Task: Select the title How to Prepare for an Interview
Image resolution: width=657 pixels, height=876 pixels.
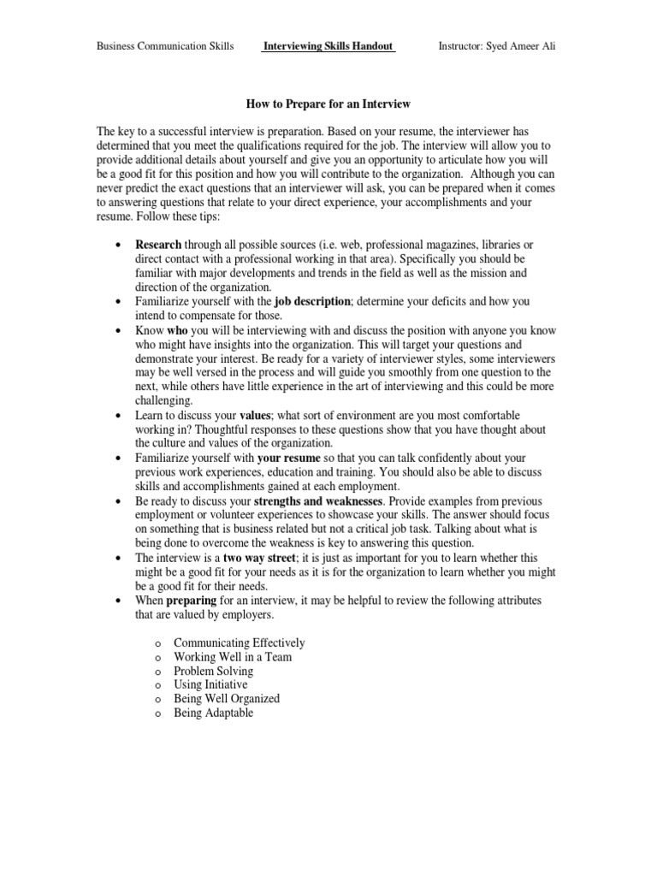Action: (328, 104)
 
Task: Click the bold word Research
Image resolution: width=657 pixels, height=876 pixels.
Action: (158, 245)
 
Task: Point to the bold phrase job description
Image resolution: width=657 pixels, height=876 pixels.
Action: (312, 302)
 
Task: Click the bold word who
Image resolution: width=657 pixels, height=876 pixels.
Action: (176, 329)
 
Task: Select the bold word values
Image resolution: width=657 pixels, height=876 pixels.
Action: (255, 415)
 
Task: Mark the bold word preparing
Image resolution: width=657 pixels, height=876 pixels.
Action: (196, 601)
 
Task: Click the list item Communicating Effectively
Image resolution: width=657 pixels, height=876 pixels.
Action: (239, 642)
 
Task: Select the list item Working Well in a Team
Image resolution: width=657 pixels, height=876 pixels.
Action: (233, 657)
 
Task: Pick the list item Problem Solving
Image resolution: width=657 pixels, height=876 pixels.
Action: (213, 672)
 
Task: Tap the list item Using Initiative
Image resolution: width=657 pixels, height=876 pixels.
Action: (210, 685)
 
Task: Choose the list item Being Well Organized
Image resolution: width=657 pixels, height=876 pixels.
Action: (227, 699)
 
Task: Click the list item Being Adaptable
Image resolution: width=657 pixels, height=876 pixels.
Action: (214, 713)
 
